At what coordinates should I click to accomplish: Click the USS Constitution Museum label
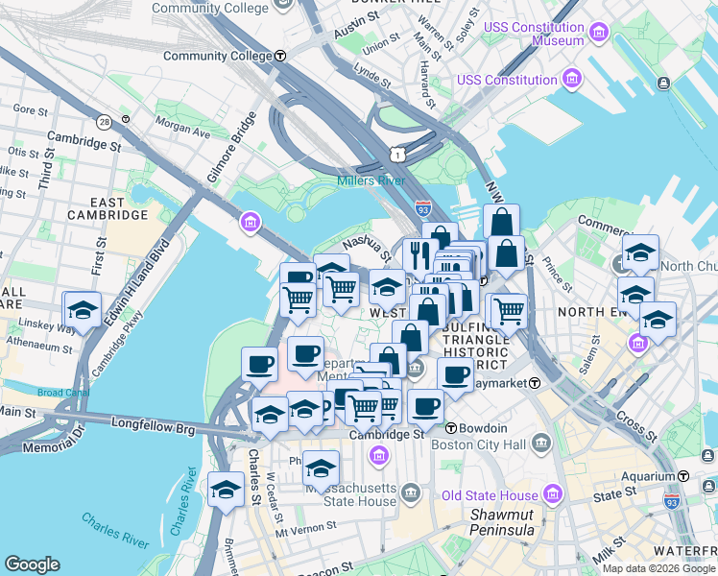(535, 35)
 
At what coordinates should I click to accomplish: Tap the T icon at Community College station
(280, 56)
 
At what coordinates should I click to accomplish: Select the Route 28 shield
(103, 122)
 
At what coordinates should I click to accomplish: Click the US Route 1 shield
(396, 155)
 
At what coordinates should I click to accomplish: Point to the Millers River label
(371, 180)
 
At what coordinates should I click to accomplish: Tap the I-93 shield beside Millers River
(423, 206)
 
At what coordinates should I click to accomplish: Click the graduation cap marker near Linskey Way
(84, 310)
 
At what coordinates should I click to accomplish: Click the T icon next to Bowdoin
(450, 428)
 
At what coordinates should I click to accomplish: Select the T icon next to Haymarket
(535, 383)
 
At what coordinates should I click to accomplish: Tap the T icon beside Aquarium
(683, 476)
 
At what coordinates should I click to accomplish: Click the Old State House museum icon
(551, 495)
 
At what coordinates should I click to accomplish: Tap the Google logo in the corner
(32, 564)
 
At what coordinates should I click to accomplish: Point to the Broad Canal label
(63, 393)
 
